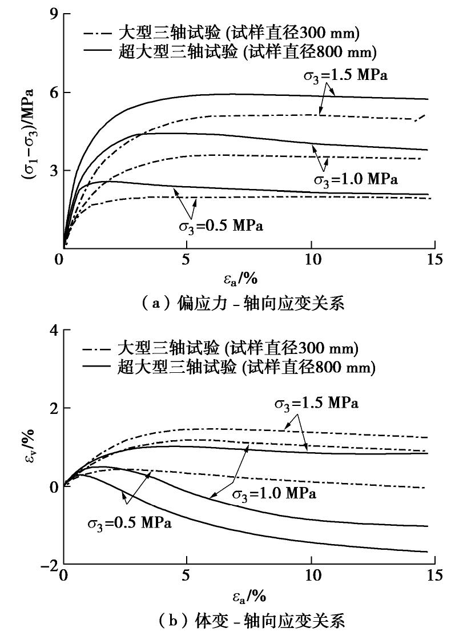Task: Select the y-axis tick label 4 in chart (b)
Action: (53, 330)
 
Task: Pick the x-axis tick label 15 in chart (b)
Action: (434, 575)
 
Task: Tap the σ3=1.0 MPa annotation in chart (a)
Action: (355, 179)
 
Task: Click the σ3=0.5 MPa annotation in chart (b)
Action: (130, 522)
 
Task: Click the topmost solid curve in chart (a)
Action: (240, 94)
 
